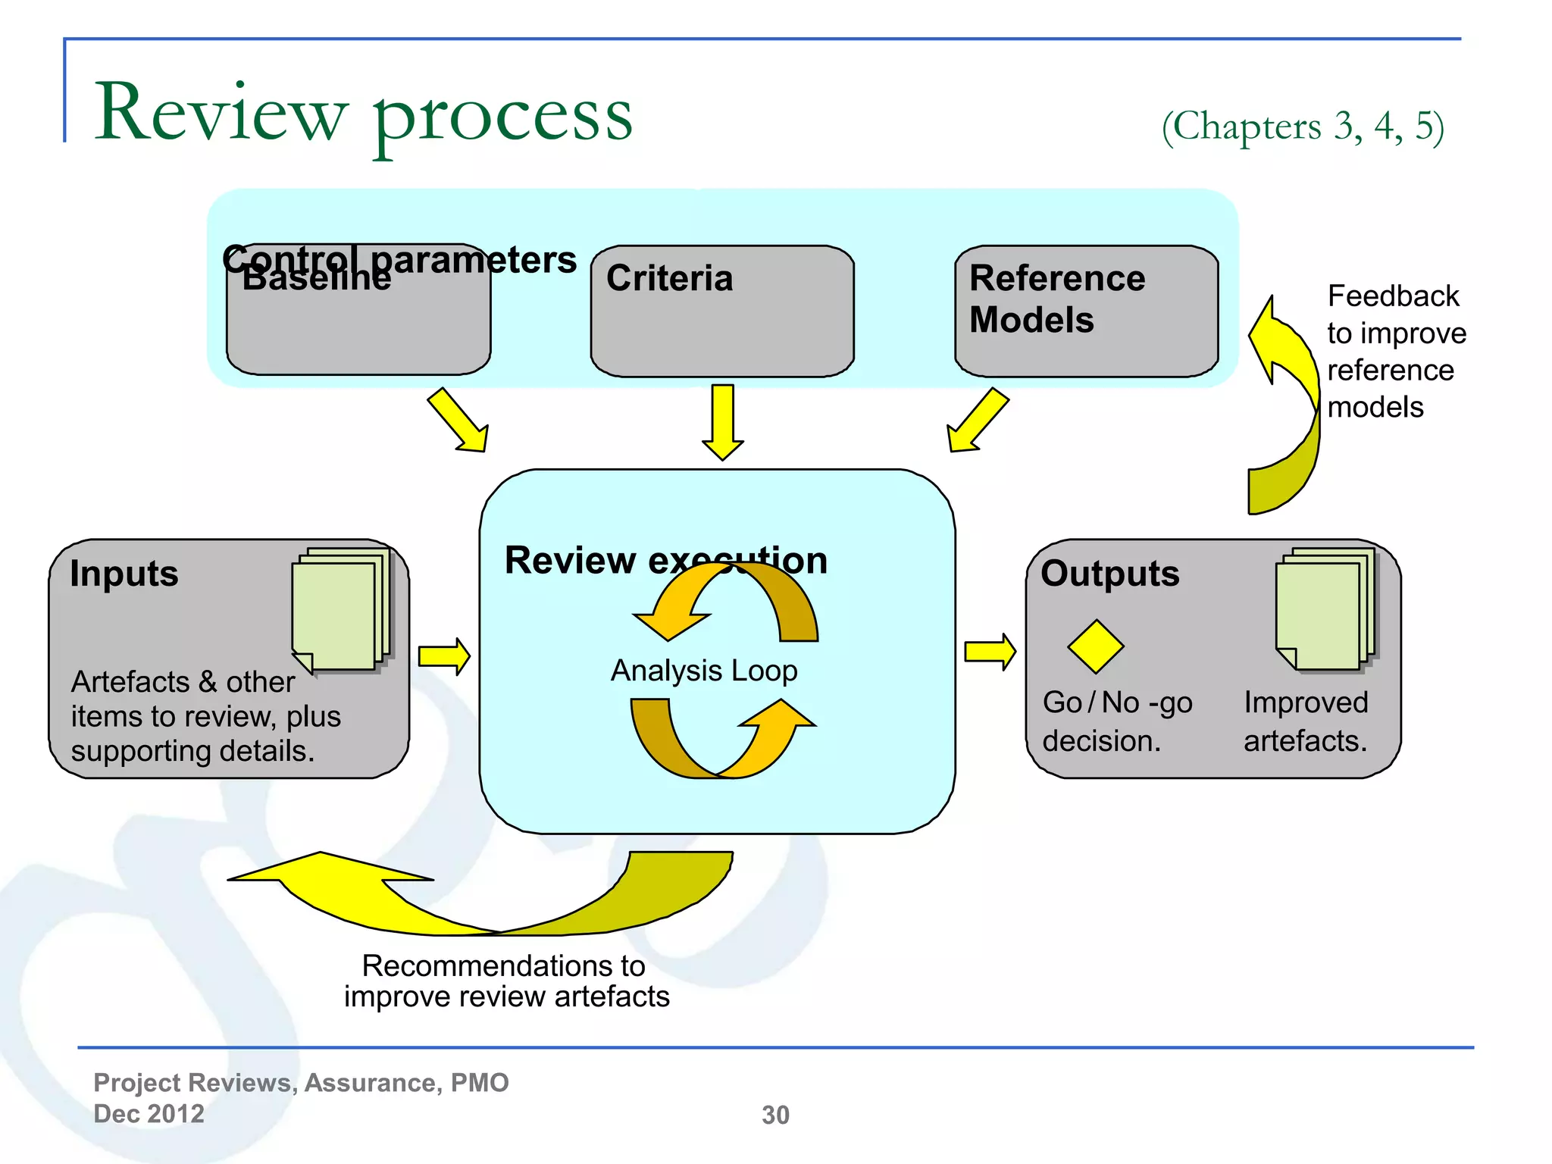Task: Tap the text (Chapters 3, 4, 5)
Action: [x=1303, y=126]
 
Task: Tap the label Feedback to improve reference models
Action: [x=1395, y=352]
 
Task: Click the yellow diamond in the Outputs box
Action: [x=1095, y=646]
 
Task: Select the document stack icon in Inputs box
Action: [x=341, y=610]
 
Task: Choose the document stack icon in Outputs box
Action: [x=1325, y=610]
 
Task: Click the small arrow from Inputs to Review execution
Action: [x=444, y=656]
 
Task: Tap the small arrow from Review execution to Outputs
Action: [x=990, y=652]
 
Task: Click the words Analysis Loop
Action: [x=704, y=671]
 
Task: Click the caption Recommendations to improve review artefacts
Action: [x=506, y=981]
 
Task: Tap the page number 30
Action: [x=775, y=1115]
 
